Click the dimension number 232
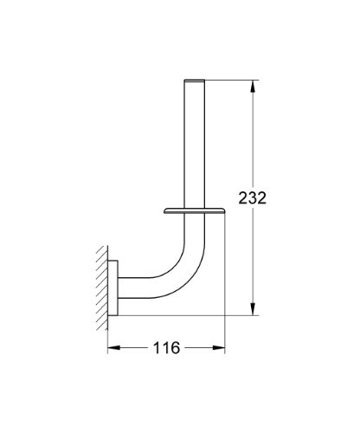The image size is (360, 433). coord(253,197)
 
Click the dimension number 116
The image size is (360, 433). coord(166,347)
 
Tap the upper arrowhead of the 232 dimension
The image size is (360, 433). coord(253,87)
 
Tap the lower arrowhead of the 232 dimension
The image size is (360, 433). coord(253,309)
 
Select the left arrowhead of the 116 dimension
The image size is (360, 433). coord(113,347)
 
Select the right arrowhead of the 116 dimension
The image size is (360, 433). coord(219,347)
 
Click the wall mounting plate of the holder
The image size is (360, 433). coord(112,288)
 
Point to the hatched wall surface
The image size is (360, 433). coord(102,288)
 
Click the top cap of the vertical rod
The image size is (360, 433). coord(195,81)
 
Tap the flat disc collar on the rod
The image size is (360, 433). coord(195,210)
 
